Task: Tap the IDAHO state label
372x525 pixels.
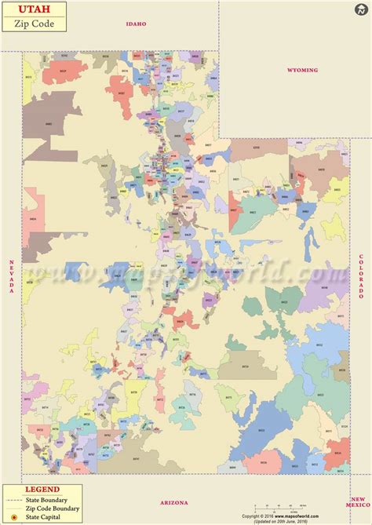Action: point(137,24)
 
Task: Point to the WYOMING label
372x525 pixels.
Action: point(302,71)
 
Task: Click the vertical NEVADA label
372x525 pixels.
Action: point(12,276)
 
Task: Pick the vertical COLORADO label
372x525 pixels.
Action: point(361,275)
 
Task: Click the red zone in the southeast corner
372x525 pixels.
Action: point(337,452)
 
